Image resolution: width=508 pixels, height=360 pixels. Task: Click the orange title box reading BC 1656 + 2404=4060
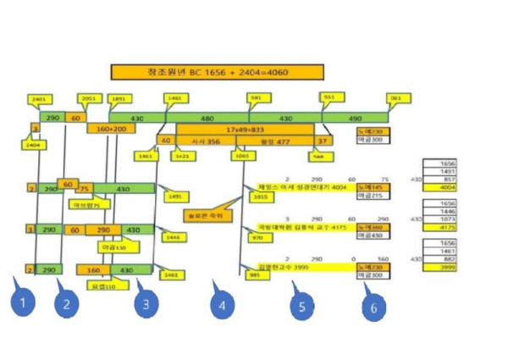point(218,73)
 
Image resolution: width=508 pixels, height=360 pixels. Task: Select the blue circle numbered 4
point(223,306)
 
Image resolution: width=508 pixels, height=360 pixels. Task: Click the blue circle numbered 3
point(146,303)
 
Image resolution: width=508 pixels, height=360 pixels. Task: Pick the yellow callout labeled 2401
point(38,100)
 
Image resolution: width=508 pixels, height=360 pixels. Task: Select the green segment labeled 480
point(207,118)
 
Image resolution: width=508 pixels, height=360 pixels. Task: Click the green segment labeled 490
point(356,118)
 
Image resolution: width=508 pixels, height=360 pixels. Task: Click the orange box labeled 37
point(323,141)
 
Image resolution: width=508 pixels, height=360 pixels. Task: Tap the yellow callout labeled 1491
point(175,197)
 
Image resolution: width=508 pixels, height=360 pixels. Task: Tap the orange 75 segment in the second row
point(84,188)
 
